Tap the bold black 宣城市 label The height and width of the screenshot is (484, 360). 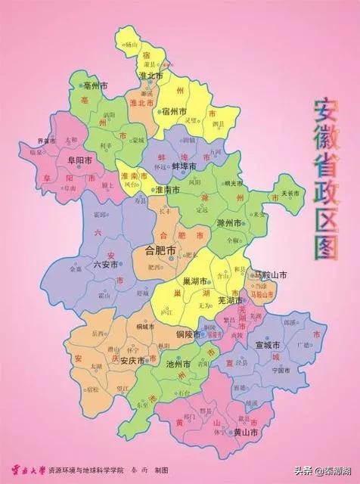pyautogui.click(x=270, y=345)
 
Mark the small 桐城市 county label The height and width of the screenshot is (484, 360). pyautogui.click(x=145, y=327)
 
